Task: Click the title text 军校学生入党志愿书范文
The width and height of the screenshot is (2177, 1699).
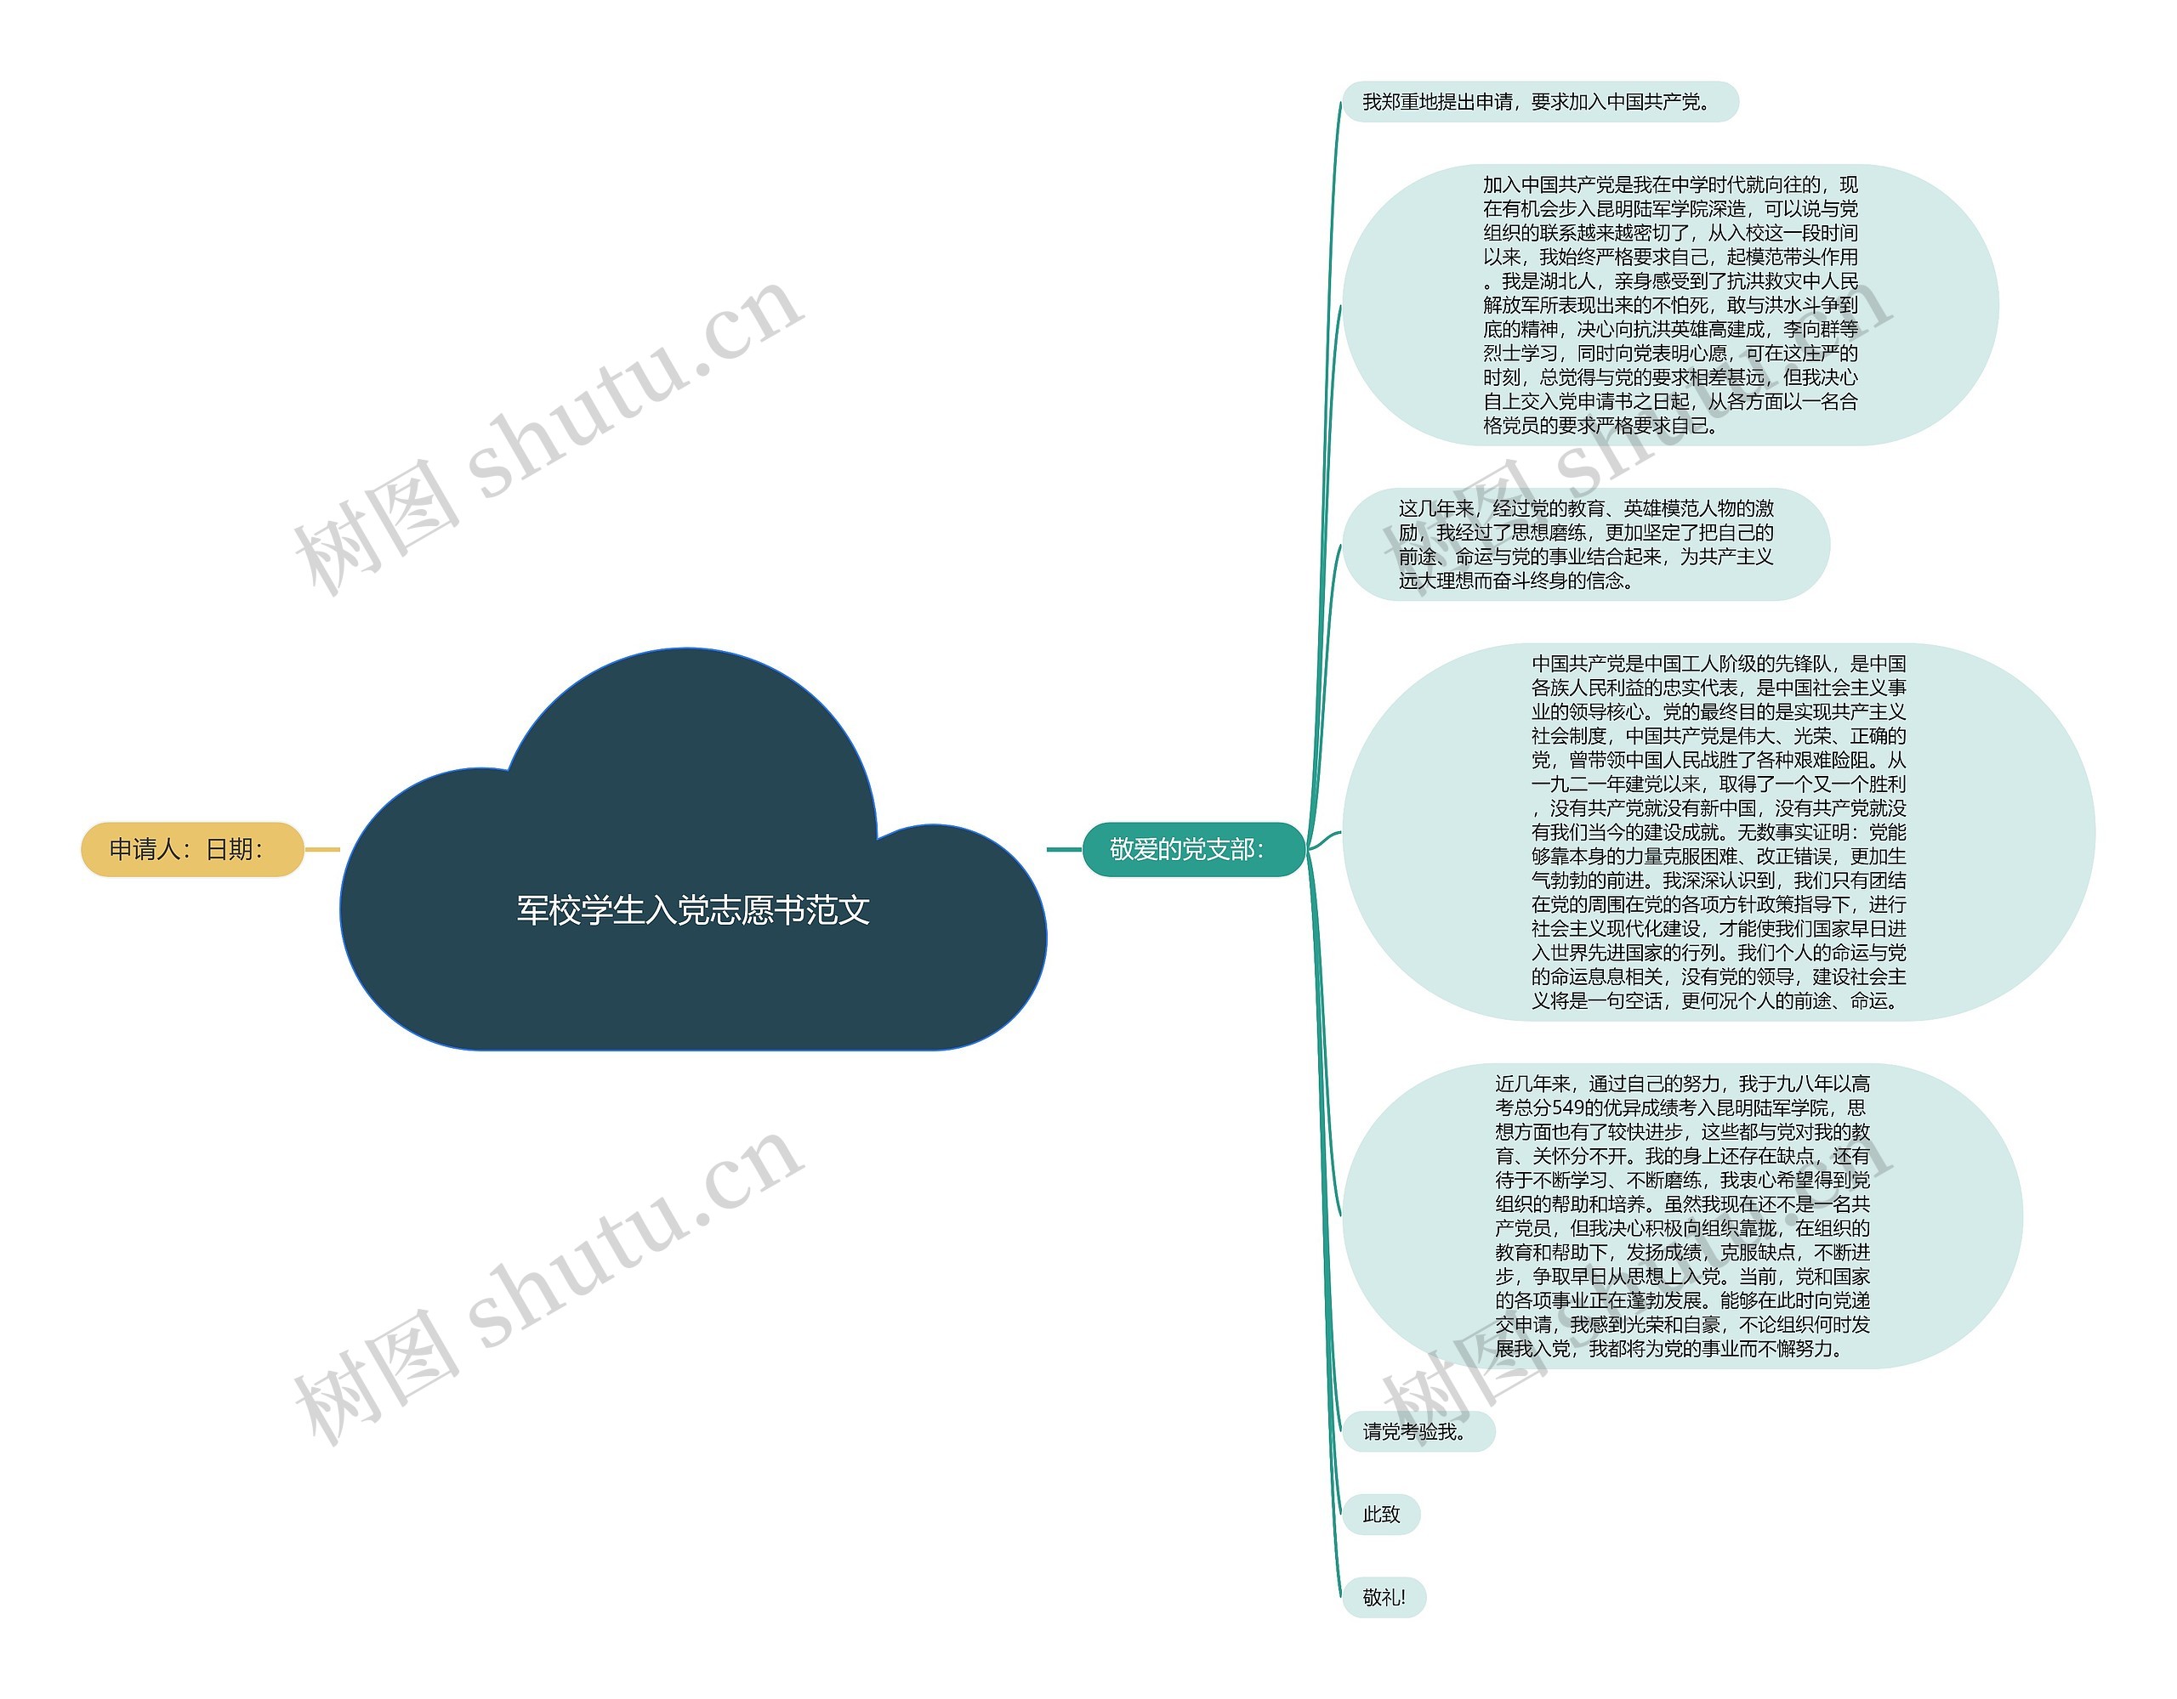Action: pos(693,909)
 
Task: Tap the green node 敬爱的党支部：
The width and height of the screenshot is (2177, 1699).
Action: pos(1193,849)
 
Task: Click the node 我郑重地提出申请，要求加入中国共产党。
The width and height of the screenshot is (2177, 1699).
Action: pos(1540,102)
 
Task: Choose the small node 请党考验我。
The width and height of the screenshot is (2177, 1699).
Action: pos(1418,1432)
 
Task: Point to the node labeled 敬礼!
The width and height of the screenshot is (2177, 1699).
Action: pos(1384,1597)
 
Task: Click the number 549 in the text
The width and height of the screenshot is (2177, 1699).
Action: pos(1569,1108)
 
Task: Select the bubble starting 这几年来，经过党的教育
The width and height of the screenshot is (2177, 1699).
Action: pos(1586,544)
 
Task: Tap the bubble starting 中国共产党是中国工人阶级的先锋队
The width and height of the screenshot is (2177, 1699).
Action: pos(1719,832)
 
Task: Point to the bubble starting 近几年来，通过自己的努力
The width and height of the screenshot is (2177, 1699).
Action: pos(1683,1215)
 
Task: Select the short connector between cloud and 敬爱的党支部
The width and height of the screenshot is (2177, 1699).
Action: pos(1065,850)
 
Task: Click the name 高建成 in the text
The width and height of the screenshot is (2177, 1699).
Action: pos(1736,329)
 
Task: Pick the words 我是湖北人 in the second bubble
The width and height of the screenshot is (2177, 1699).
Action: pos(1549,281)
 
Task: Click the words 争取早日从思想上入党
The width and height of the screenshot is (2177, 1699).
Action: pos(1626,1277)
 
